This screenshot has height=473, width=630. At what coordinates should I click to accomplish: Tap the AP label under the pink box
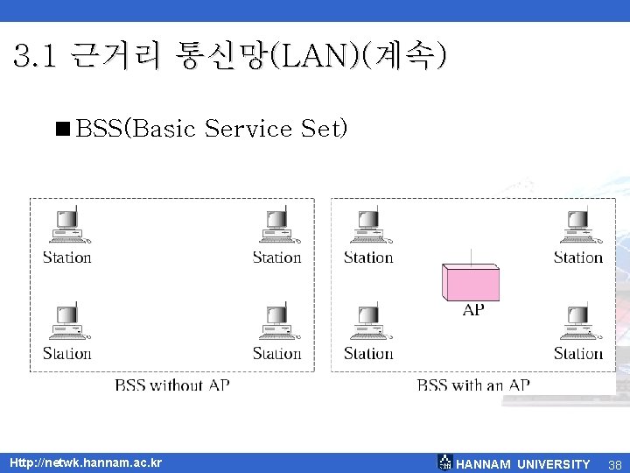pyautogui.click(x=473, y=309)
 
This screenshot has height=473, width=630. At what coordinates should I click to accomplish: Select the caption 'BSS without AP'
pyautogui.click(x=171, y=385)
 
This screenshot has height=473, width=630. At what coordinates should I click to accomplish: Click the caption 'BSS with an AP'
pyautogui.click(x=473, y=385)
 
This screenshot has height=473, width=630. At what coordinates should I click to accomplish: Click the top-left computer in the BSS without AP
pyautogui.click(x=66, y=227)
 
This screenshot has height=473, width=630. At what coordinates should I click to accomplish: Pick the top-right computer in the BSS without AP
pyautogui.click(x=276, y=227)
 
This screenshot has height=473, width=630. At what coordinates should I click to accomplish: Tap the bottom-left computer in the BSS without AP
pyautogui.click(x=66, y=323)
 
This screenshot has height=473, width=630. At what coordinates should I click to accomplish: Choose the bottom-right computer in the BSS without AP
pyautogui.click(x=276, y=323)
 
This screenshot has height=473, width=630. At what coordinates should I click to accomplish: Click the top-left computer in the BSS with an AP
pyautogui.click(x=367, y=227)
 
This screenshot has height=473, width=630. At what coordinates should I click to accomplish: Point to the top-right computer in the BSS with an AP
pyautogui.click(x=577, y=227)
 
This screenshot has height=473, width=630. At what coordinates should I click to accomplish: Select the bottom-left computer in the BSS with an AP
pyautogui.click(x=367, y=323)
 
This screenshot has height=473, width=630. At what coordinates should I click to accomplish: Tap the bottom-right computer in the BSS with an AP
pyautogui.click(x=577, y=323)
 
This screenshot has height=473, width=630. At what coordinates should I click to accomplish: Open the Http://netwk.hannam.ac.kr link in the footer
pyautogui.click(x=85, y=462)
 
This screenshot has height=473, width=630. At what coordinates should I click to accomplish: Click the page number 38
pyautogui.click(x=613, y=464)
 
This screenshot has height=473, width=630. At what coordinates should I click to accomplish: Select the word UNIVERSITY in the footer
pyautogui.click(x=554, y=464)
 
